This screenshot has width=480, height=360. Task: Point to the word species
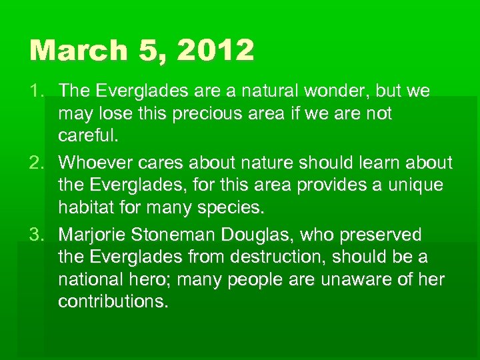[230, 207]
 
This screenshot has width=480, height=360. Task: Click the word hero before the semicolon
[159, 279]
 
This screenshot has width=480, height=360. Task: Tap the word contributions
[113, 301]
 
